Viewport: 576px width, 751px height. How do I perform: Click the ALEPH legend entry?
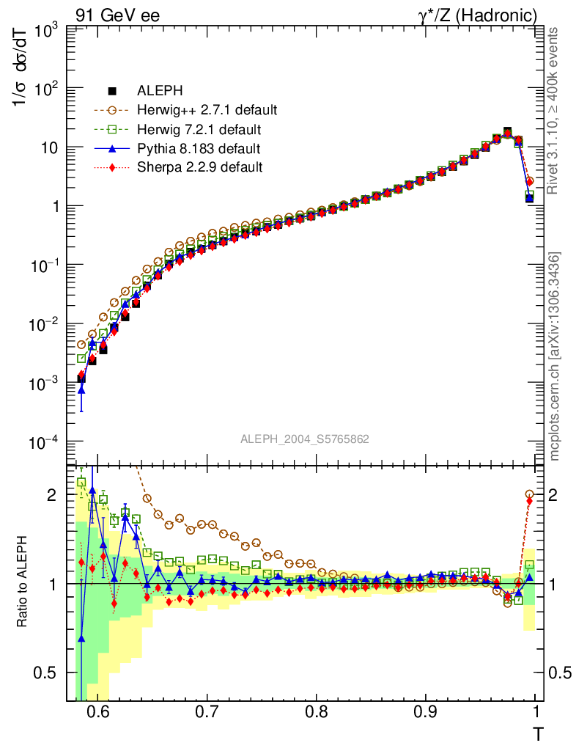point(156,91)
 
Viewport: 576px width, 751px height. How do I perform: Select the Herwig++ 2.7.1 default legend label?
point(207,110)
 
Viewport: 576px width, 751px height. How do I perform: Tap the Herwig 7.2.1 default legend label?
point(199,130)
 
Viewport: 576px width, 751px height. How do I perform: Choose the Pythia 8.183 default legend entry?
point(199,149)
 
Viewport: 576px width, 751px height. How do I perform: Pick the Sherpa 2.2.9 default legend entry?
point(199,167)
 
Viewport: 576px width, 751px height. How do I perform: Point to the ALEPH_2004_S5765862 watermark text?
point(304,439)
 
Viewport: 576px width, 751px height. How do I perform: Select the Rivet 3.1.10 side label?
point(554,110)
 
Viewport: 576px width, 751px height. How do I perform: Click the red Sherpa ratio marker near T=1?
point(530,502)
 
